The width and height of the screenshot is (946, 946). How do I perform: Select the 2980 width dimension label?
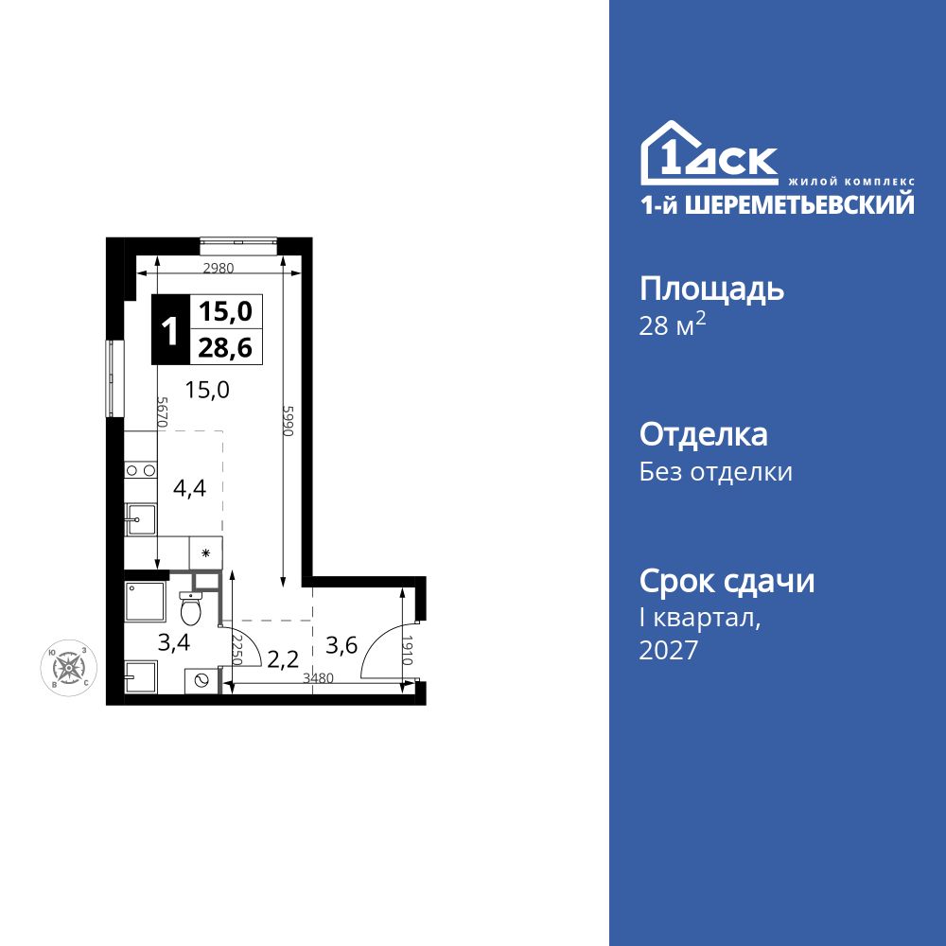click(x=218, y=268)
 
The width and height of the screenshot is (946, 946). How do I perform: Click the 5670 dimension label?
click(x=162, y=413)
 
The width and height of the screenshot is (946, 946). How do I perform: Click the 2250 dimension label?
click(x=236, y=650)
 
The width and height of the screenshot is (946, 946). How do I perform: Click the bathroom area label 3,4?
click(x=173, y=644)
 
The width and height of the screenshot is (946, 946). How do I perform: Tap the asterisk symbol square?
click(x=205, y=552)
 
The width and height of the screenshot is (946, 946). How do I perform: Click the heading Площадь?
click(x=711, y=289)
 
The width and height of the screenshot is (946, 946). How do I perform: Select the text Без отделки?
click(x=716, y=471)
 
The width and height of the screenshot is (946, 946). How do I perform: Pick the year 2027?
click(x=669, y=650)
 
